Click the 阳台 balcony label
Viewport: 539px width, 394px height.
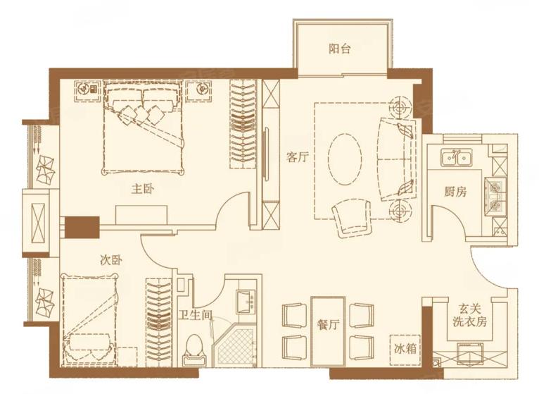point(339,49)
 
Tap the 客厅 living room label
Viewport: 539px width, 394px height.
point(298,157)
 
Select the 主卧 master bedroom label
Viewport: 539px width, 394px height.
point(143,189)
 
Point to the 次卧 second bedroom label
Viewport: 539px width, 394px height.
point(111,260)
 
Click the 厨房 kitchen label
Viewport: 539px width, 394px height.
point(455,192)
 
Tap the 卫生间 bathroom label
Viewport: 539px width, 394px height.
point(195,314)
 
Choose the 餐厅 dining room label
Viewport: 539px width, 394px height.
point(328,324)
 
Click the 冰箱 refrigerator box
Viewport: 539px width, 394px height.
point(405,350)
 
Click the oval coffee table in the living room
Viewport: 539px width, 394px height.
point(344,159)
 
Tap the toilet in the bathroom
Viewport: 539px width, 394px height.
point(194,350)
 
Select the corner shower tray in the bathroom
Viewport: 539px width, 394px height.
point(234,345)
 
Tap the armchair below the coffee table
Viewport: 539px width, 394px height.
point(351,219)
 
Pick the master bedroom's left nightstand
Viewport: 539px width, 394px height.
point(88,91)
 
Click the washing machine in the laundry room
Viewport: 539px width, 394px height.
point(469,355)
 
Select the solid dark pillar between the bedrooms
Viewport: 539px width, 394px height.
point(82,227)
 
